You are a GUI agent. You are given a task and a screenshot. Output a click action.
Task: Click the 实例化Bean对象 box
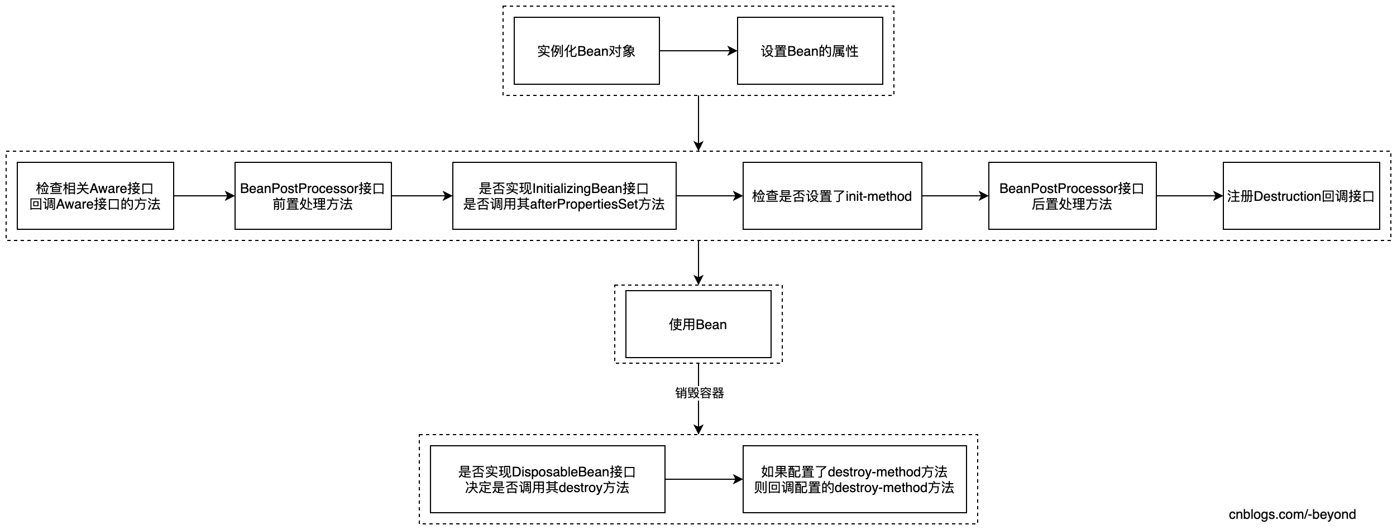tap(586, 51)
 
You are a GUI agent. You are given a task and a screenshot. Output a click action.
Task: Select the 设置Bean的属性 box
tap(810, 51)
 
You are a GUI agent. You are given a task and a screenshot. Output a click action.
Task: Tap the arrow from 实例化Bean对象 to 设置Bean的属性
tap(698, 51)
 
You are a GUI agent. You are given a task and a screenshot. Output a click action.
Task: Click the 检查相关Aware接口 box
tap(95, 196)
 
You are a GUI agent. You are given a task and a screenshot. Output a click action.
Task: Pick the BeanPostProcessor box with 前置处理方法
tap(313, 196)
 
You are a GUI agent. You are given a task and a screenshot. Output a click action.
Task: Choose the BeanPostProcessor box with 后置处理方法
tap(1072, 196)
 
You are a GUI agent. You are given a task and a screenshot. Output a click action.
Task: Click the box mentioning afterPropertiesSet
tap(564, 196)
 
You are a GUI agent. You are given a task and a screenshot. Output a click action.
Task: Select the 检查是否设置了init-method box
tap(832, 196)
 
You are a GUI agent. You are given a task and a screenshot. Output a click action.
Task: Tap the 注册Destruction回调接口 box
tap(1301, 196)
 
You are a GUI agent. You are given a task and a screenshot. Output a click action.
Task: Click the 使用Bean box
tap(698, 324)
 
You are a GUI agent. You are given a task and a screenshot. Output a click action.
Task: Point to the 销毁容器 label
tap(699, 393)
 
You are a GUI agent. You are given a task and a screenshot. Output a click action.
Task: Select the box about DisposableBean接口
tap(547, 479)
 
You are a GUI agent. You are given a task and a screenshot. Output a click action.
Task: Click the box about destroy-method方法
tap(854, 479)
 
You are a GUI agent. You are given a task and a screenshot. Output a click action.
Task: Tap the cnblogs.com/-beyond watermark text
tap(1292, 514)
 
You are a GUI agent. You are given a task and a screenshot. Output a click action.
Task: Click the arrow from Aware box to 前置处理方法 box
tap(204, 196)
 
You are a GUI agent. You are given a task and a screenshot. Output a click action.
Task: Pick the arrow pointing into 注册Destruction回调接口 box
tap(1189, 196)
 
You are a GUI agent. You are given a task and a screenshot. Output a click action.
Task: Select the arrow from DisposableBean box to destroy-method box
tap(704, 479)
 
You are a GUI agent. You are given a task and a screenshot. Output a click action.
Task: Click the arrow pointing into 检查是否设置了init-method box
tap(709, 196)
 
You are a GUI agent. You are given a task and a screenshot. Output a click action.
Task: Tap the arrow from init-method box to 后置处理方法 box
tap(955, 196)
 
